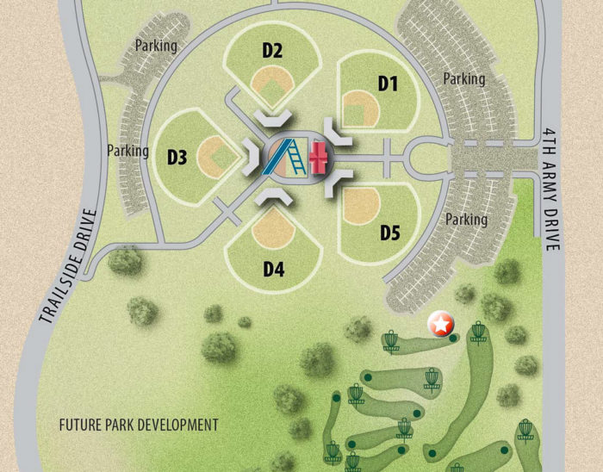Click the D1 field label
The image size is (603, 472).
pos(388,83)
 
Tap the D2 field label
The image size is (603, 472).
pos(272,51)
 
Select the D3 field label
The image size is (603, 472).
pos(177,157)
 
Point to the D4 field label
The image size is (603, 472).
pos(274,269)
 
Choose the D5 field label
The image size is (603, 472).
pos(391,233)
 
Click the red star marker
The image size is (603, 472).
pos(440,324)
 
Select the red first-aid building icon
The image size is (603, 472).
pos(320,156)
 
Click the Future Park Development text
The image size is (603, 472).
pos(139,425)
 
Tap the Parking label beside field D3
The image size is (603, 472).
pos(128,150)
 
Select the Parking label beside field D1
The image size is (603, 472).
pos(464,79)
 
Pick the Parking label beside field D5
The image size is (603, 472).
pos(466,220)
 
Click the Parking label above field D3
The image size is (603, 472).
pos(156,45)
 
